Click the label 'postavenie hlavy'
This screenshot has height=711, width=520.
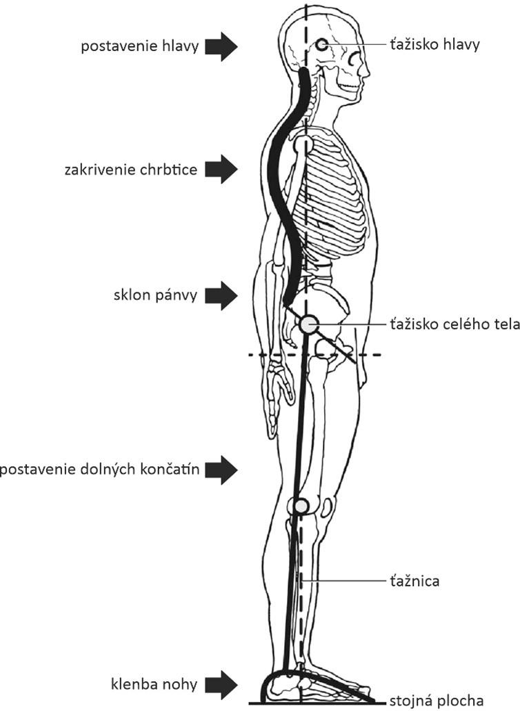[x=139, y=47]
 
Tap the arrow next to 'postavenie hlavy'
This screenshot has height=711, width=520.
[x=221, y=46]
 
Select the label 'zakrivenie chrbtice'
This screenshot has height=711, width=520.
[x=131, y=170]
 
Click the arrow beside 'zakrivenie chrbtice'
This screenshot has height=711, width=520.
[x=221, y=169]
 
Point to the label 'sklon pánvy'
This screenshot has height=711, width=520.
[x=155, y=296]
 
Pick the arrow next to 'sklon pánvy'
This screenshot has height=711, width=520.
[x=221, y=295]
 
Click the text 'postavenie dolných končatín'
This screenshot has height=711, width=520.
[x=100, y=470]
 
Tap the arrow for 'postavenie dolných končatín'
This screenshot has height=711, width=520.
[x=221, y=470]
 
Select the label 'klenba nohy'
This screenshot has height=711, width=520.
[x=154, y=684]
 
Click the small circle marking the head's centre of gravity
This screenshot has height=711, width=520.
[x=322, y=44]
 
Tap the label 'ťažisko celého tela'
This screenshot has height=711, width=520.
[x=455, y=324]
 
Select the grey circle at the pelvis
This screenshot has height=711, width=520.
[x=310, y=324]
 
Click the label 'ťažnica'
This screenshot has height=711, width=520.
[x=414, y=581]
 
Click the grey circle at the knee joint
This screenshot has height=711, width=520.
[x=301, y=505]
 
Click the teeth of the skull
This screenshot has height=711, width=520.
[x=349, y=86]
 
